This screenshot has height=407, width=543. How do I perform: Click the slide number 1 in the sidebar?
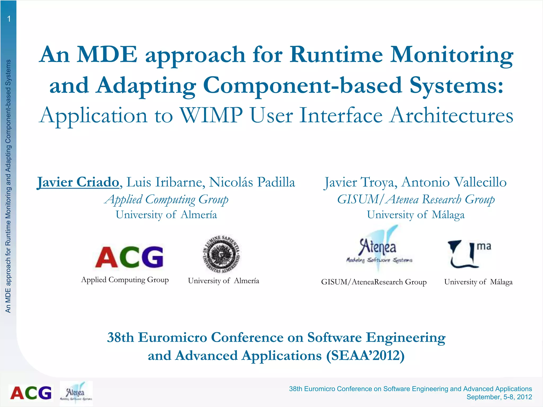pos(9,19)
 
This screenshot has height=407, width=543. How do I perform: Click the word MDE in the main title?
pos(107,54)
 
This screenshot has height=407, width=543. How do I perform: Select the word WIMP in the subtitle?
pos(211,116)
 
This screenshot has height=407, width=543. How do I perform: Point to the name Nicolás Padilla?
pos(252,182)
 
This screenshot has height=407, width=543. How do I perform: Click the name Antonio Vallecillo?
pos(454,182)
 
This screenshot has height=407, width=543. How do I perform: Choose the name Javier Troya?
pos(361,182)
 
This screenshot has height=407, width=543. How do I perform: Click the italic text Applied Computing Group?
pos(166,199)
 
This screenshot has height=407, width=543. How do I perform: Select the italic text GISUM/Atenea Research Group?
pos(416,199)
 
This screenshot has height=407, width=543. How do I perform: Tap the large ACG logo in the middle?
pos(129,256)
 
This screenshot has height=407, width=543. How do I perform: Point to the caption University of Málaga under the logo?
pos(478,282)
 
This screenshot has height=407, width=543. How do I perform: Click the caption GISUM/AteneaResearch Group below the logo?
pos(374,282)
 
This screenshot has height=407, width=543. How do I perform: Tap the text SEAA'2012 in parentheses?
pos(365,356)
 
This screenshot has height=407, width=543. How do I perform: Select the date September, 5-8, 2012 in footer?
pos(499,397)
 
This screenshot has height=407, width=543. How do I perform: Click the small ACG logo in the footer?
pos(31,393)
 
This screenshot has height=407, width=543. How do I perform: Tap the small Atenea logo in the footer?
pos(76,393)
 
